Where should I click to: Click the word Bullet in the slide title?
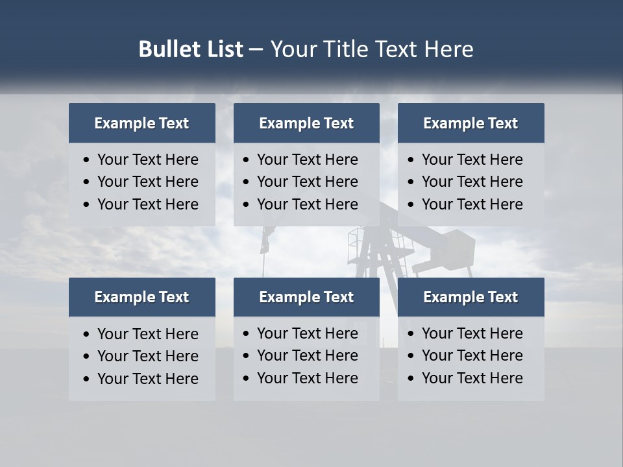(165, 49)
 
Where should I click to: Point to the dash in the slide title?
(256, 50)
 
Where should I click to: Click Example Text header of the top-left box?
(141, 123)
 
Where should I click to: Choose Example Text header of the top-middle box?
(306, 123)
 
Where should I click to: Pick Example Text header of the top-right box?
(470, 123)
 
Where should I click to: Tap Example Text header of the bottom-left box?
(141, 297)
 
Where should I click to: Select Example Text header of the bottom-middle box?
(306, 297)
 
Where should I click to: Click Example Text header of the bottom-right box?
(470, 297)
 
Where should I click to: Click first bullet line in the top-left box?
(147, 160)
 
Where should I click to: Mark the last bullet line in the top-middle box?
(307, 204)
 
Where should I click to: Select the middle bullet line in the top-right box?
(472, 182)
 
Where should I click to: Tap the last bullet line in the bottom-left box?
(147, 379)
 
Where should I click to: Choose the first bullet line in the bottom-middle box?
(307, 333)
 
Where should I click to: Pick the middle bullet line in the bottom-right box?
(472, 355)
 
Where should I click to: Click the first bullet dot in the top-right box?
(411, 160)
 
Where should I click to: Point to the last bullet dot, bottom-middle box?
(246, 379)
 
